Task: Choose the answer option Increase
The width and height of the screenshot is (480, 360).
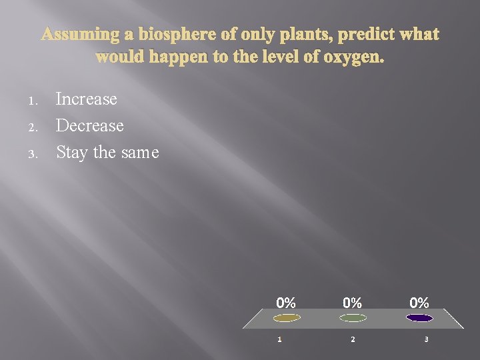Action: (x=87, y=99)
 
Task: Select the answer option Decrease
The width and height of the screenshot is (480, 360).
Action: (x=90, y=125)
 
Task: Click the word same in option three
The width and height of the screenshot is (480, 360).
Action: (x=140, y=153)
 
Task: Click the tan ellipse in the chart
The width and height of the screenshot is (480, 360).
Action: (x=287, y=318)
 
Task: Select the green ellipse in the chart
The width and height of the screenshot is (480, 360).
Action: (x=353, y=318)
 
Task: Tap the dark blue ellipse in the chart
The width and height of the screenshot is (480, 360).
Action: (x=419, y=318)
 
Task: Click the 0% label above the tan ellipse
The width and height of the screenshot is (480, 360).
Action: (x=286, y=303)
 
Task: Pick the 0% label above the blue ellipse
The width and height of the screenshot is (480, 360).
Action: (x=419, y=303)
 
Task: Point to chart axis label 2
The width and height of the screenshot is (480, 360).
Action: (x=353, y=339)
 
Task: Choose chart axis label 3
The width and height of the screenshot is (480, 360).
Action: (x=426, y=339)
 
